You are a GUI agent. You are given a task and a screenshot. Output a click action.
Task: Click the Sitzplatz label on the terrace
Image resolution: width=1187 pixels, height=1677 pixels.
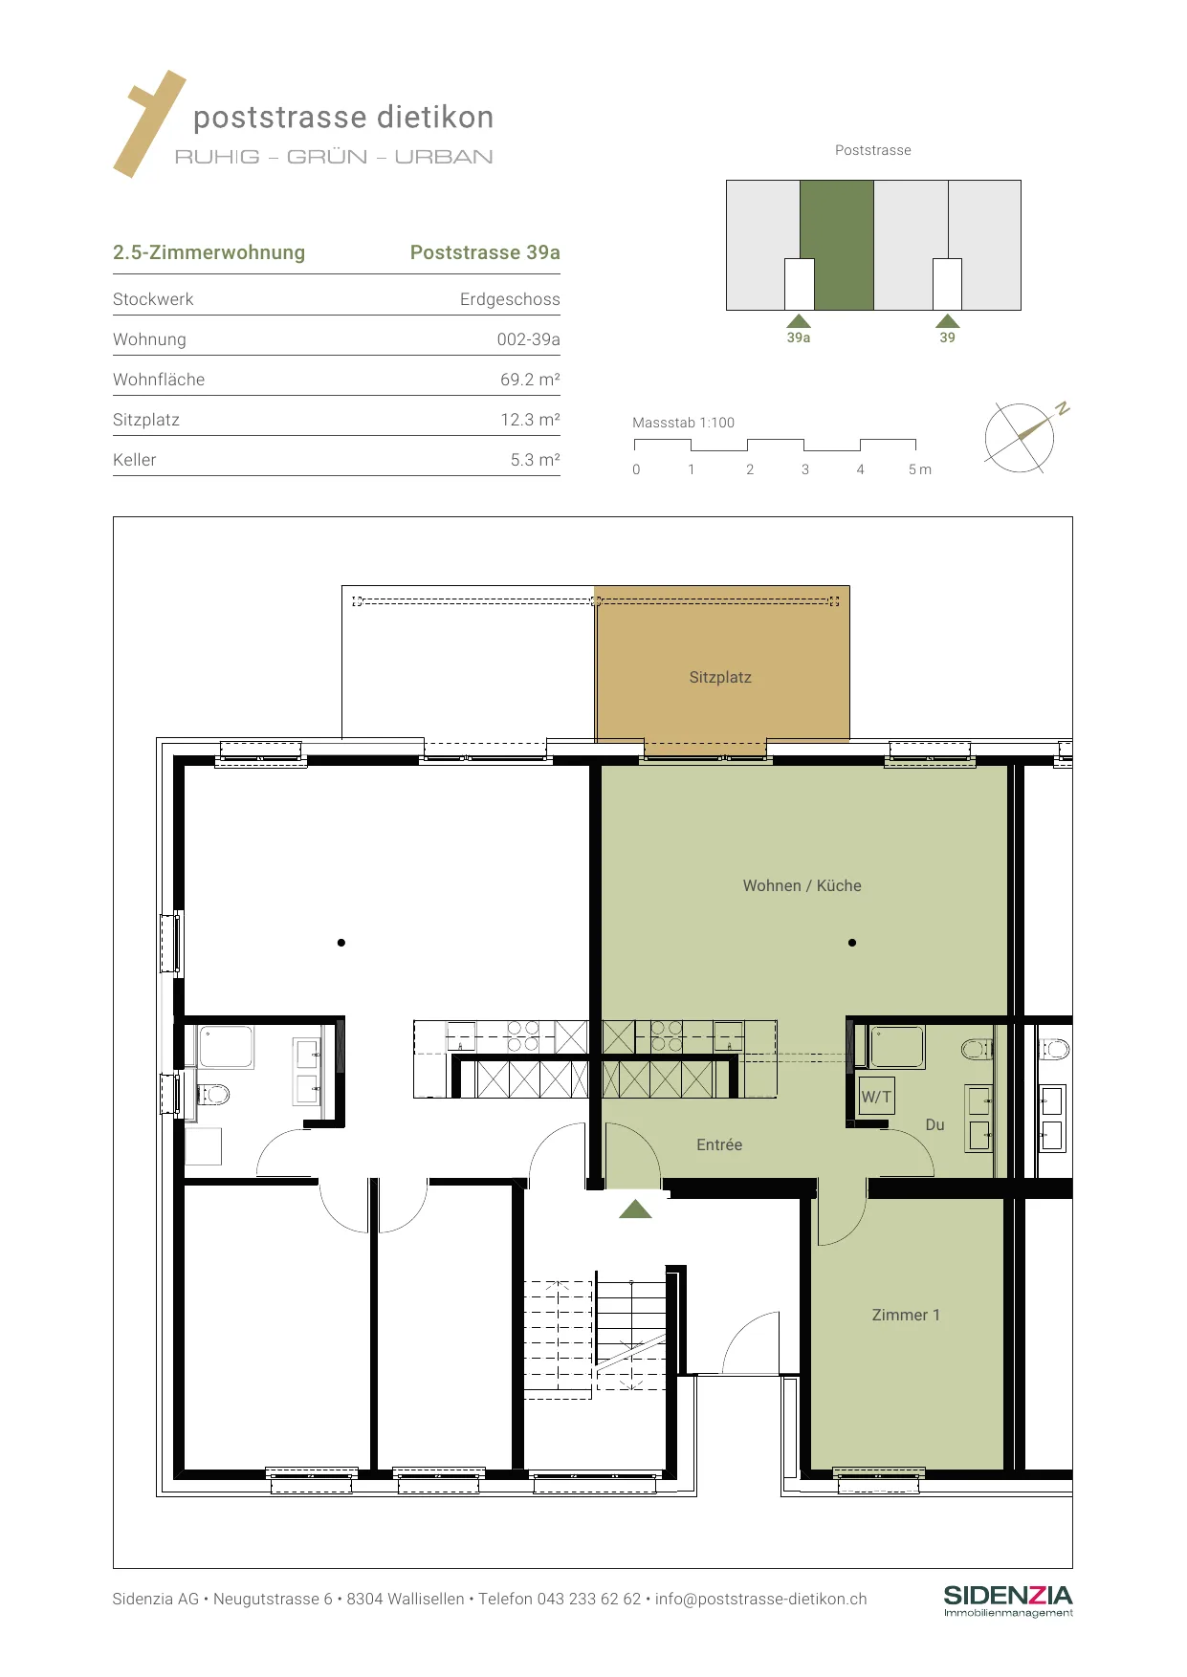point(720,677)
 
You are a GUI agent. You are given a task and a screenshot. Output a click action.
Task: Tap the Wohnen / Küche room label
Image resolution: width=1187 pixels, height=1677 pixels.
point(802,885)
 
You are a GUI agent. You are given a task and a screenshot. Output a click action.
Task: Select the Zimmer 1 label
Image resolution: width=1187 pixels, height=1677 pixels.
point(906,1315)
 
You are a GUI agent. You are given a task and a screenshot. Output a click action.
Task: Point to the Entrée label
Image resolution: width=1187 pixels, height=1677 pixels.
point(719,1144)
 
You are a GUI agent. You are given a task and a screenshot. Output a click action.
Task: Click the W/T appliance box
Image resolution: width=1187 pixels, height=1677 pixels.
point(876,1097)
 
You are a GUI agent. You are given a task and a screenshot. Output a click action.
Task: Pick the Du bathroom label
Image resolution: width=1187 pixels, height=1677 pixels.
point(934,1124)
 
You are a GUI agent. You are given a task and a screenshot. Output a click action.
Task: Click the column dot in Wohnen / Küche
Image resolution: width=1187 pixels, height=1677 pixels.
point(852,943)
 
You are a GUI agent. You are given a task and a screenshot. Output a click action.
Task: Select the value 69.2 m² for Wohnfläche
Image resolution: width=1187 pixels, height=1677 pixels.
point(530,380)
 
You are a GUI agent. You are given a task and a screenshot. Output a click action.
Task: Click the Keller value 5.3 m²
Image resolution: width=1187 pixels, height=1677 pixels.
point(535,460)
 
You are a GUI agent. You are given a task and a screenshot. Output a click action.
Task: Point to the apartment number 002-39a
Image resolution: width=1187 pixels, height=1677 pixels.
point(528,339)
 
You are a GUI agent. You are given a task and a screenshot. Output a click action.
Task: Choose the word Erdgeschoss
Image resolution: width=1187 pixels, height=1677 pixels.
point(510,299)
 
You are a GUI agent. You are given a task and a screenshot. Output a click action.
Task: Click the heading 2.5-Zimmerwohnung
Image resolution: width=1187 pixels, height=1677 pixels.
point(209,252)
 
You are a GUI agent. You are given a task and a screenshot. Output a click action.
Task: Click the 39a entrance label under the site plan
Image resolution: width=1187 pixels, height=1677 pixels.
point(799,338)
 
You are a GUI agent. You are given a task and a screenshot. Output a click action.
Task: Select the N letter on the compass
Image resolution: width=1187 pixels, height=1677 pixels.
point(1062,408)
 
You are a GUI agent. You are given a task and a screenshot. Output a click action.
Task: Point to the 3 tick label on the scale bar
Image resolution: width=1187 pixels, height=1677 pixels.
point(805,469)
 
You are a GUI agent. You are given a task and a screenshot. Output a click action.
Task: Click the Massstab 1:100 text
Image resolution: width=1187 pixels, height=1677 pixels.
point(683,423)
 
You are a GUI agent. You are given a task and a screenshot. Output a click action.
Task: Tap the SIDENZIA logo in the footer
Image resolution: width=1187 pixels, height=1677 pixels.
point(1008,1601)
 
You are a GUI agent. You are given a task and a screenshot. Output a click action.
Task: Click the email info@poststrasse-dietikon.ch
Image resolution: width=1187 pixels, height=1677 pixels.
point(761,1599)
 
